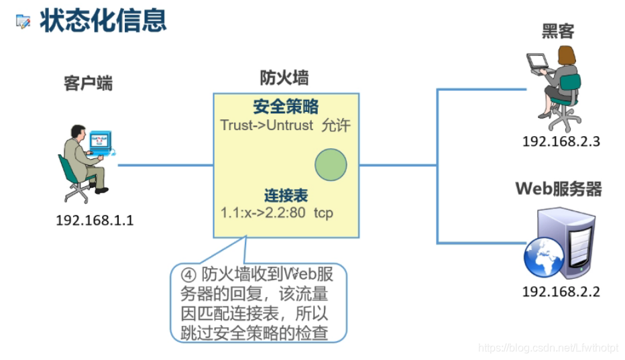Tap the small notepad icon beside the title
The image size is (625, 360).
(23, 21)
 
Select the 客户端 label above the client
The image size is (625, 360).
(88, 83)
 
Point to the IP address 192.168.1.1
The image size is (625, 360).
(95, 220)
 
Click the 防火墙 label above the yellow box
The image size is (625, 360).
(284, 78)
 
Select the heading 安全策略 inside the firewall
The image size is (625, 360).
(286, 106)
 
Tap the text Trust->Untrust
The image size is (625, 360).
(266, 125)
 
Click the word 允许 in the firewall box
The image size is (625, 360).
(336, 125)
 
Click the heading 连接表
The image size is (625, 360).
(286, 195)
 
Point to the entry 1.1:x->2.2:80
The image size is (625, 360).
(264, 213)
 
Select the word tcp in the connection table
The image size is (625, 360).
(323, 213)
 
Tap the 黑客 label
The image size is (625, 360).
(559, 30)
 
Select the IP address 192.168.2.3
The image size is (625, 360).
(561, 141)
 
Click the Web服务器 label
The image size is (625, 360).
(559, 188)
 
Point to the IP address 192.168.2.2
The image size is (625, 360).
(561, 292)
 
